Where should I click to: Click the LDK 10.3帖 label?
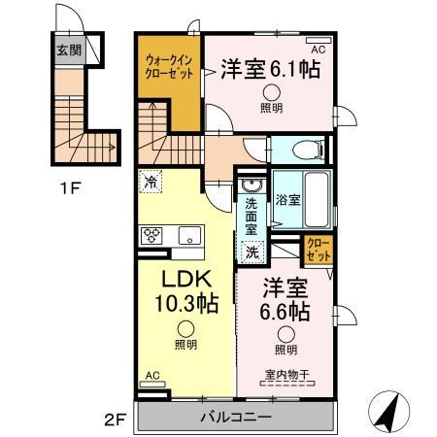coord(186,290)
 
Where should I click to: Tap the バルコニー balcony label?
coord(237,418)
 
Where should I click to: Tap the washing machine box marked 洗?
coord(252,252)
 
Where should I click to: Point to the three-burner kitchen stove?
coord(153,234)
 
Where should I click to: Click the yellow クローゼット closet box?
coord(318,249)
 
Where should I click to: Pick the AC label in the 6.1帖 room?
coord(318,44)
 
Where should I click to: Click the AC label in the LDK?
coord(151,373)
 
